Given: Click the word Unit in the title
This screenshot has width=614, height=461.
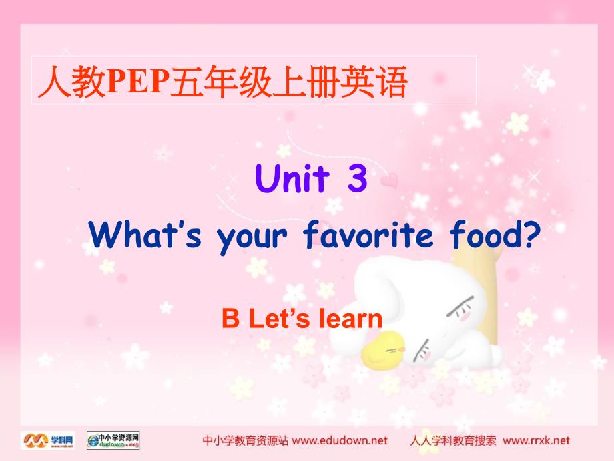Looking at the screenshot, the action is coord(292,178).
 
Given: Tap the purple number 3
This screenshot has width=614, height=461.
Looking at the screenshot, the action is coord(358,178).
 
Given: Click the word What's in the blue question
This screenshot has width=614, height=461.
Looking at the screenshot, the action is coord(145,235).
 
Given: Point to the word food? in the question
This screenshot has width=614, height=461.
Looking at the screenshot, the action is coord(495,235).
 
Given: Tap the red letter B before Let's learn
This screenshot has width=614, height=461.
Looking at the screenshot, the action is coord(231,318).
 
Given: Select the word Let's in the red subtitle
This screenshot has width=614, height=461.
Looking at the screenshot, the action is coord(279,318).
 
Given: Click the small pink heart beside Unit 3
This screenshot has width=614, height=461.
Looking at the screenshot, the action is coord(389,180).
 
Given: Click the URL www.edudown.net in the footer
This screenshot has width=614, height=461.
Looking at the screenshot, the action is coord(340,440).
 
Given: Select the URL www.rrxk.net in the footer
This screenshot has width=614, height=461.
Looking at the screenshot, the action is coord(536,440).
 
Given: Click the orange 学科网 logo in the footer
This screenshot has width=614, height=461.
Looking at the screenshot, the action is coord(47,440).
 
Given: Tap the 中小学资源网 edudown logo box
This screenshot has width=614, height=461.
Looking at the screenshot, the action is coord(113,440).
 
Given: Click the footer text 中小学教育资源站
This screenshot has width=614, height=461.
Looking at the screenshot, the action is coord(245,440).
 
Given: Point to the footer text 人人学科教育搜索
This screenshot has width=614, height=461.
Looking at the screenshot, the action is coord(452,440).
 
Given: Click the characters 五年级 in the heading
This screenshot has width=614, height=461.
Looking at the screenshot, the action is coord(220,82).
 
